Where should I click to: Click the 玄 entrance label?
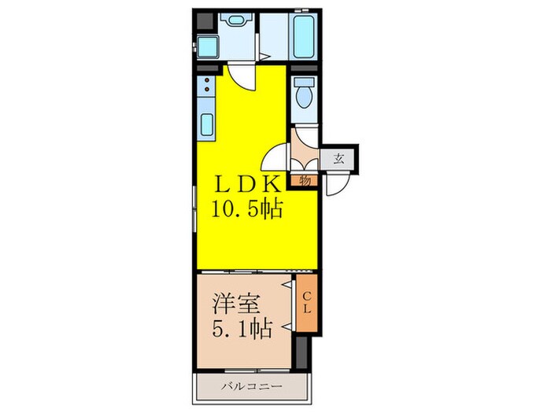(x=339, y=157)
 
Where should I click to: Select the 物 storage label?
(x=305, y=180)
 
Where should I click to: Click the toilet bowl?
(x=303, y=98)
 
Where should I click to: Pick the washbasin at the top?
(x=235, y=21)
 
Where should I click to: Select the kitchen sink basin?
(x=208, y=125)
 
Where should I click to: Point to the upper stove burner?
(x=207, y=80)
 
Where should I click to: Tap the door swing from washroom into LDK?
(x=240, y=77)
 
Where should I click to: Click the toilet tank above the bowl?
(x=303, y=81)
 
